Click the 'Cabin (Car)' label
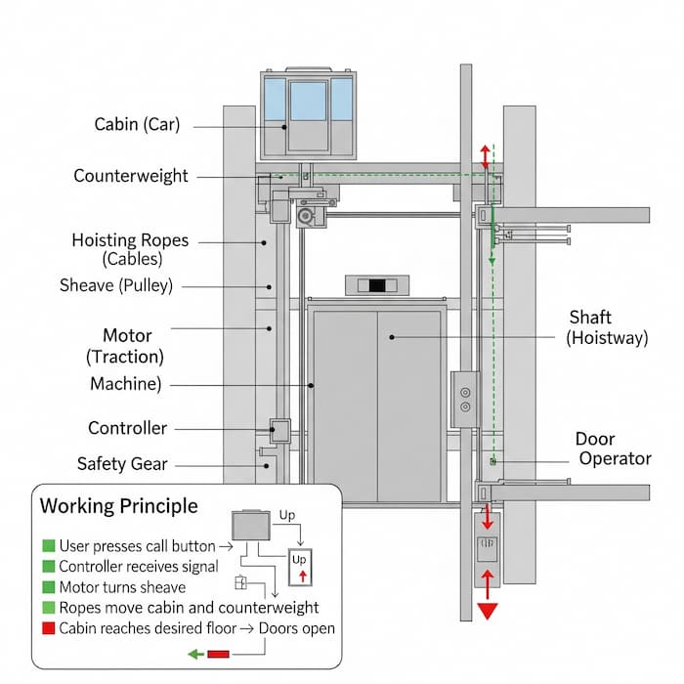pyautogui.click(x=138, y=124)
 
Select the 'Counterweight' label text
pyautogui.click(x=131, y=176)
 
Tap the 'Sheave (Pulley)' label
pyautogui.click(x=116, y=285)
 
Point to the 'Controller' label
pyautogui.click(x=127, y=428)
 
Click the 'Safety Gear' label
pyautogui.click(x=122, y=463)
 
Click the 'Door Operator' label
pyautogui.click(x=614, y=449)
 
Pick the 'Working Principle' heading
pyautogui.click(x=118, y=505)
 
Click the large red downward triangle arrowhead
pyautogui.click(x=486, y=612)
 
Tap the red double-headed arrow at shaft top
pyautogui.click(x=484, y=156)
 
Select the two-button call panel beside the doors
pyautogui.click(x=464, y=398)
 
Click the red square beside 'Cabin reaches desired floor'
pyautogui.click(x=48, y=627)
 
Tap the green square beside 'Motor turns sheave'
pyautogui.click(x=48, y=586)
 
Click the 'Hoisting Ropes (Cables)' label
pyautogui.click(x=131, y=249)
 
